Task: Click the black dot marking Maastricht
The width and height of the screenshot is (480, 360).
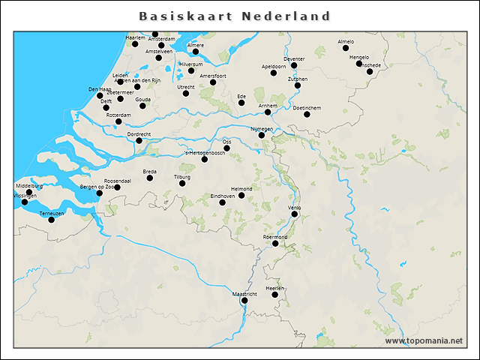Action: point(244,301)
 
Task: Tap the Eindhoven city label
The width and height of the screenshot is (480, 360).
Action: point(223,196)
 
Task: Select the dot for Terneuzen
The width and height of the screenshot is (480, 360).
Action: point(52,220)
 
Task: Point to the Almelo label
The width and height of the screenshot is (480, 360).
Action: point(346,42)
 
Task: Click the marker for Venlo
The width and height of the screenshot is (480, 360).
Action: point(295,214)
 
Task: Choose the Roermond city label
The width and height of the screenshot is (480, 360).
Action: point(275,237)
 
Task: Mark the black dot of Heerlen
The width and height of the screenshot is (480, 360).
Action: point(275,295)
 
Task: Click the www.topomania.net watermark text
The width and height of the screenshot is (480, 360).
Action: point(424,340)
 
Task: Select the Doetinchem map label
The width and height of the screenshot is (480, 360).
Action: point(307,108)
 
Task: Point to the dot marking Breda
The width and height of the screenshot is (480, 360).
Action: point(150,178)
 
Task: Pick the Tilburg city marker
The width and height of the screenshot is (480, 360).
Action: point(182,183)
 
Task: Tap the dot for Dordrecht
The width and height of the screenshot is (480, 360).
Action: point(139,140)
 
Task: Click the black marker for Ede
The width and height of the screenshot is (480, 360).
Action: point(241,103)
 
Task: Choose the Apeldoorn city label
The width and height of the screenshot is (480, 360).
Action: point(274,66)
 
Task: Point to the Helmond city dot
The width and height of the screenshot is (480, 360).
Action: point(241,195)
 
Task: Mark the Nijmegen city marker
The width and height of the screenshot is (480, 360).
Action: point(262,135)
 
